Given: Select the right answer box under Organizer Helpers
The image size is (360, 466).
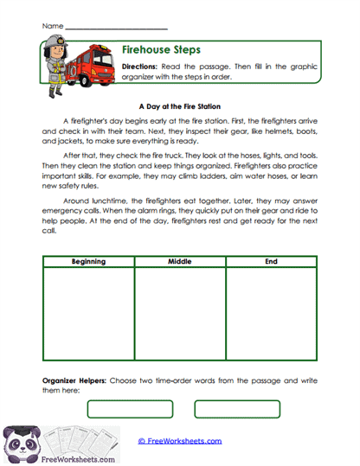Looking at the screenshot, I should tap(231, 409).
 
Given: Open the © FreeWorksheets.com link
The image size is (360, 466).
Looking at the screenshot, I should tap(180, 441).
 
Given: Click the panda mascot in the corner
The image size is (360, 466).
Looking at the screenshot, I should tap(19, 444).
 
